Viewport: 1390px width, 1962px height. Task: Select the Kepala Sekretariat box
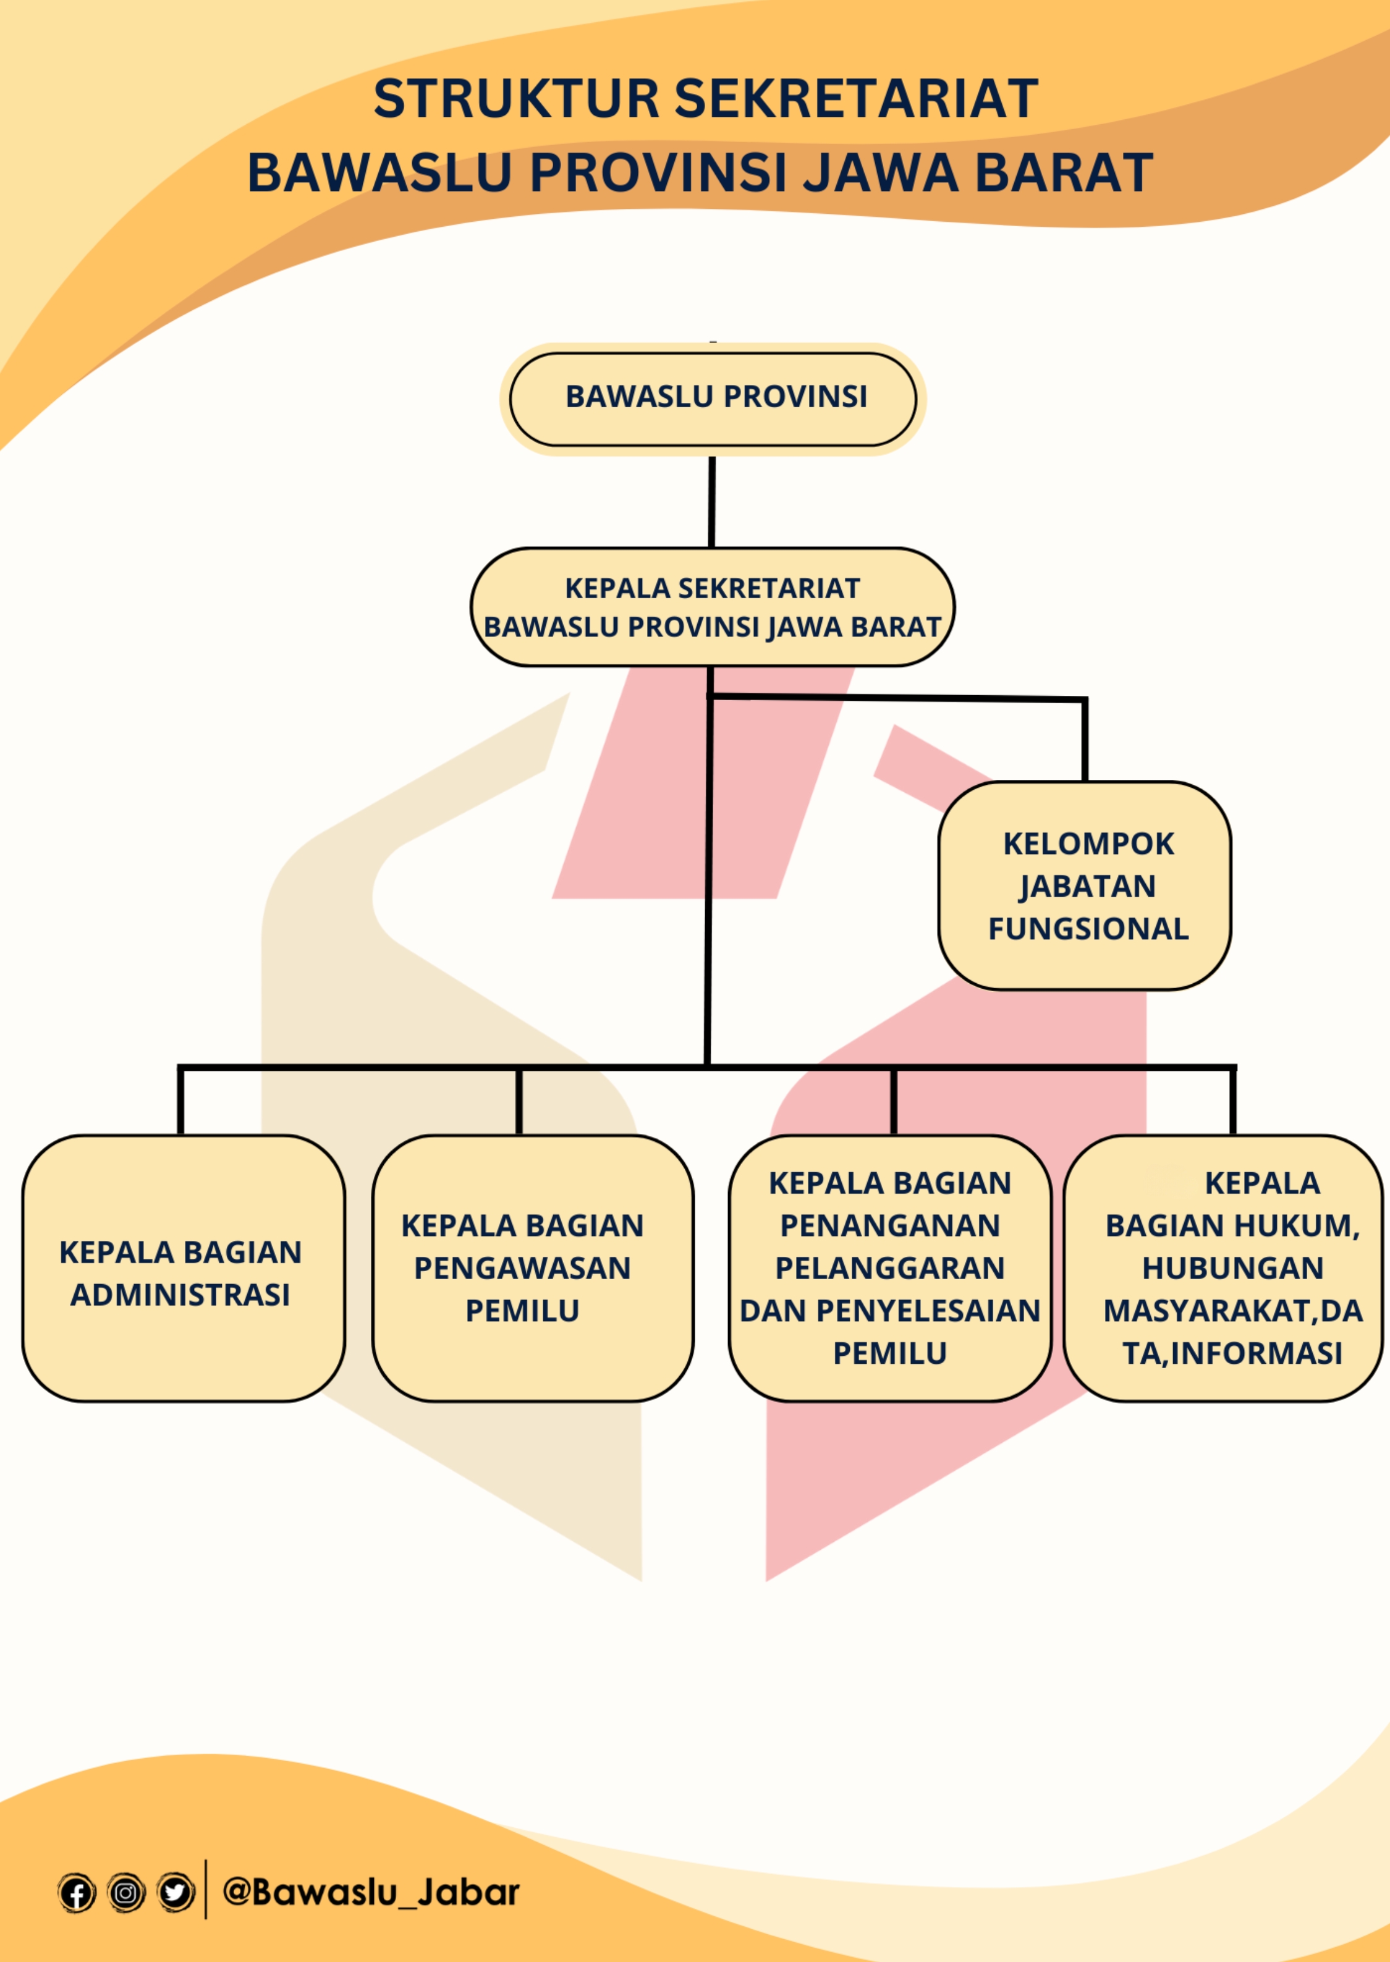[x=712, y=607]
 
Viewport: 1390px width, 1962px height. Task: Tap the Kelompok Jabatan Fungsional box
[x=1085, y=886]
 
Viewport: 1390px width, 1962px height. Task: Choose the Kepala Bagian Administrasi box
[x=183, y=1269]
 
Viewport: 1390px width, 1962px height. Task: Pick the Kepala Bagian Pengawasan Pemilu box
[x=532, y=1269]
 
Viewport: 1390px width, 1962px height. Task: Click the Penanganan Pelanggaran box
[x=889, y=1269]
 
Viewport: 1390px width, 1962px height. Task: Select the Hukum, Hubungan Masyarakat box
[x=1223, y=1269]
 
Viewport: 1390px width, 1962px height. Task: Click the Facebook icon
[x=76, y=1893]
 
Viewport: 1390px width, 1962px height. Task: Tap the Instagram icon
[x=126, y=1893]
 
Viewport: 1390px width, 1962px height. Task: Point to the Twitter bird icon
[x=176, y=1893]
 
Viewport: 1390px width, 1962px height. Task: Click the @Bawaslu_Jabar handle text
[x=371, y=1892]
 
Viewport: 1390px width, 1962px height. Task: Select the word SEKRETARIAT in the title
[x=856, y=98]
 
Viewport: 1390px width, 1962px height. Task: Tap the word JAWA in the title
[x=881, y=173]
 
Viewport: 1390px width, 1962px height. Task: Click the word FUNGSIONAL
[x=1088, y=928]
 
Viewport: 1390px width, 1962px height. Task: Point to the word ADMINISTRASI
[x=180, y=1295]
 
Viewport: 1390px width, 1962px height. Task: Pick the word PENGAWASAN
[x=522, y=1268]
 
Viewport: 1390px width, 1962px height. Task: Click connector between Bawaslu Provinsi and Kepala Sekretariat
[x=711, y=502]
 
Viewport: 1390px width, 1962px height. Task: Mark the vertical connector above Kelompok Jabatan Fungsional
[x=1085, y=741]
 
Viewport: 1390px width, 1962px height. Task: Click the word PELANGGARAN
[x=889, y=1268]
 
